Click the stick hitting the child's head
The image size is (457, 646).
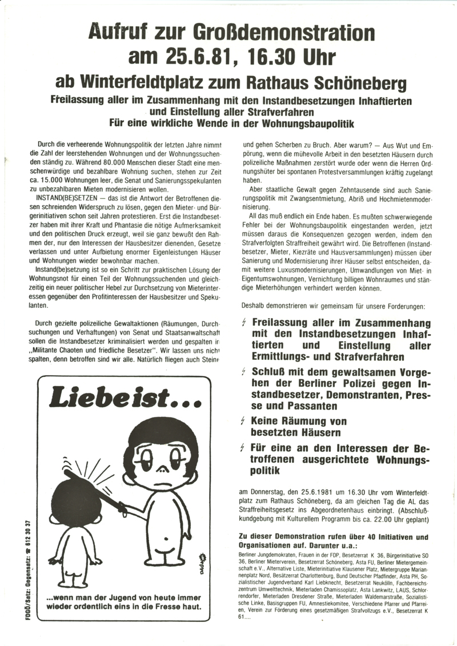[91, 485]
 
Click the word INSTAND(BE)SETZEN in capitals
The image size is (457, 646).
[62, 197]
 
